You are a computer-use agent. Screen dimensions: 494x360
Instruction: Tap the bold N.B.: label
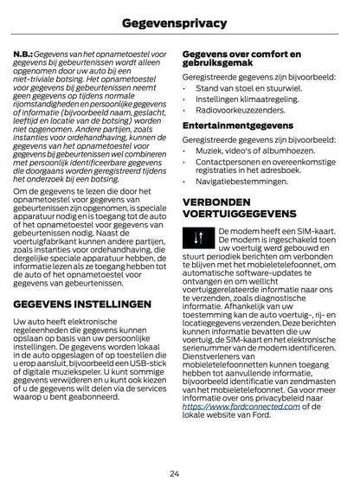(26, 54)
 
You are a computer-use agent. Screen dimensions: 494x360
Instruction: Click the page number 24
(179, 472)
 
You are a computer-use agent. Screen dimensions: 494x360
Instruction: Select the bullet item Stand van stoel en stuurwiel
(250, 88)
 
